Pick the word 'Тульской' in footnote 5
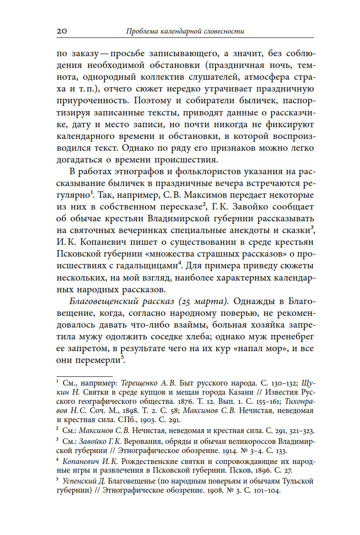(x=299, y=481)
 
